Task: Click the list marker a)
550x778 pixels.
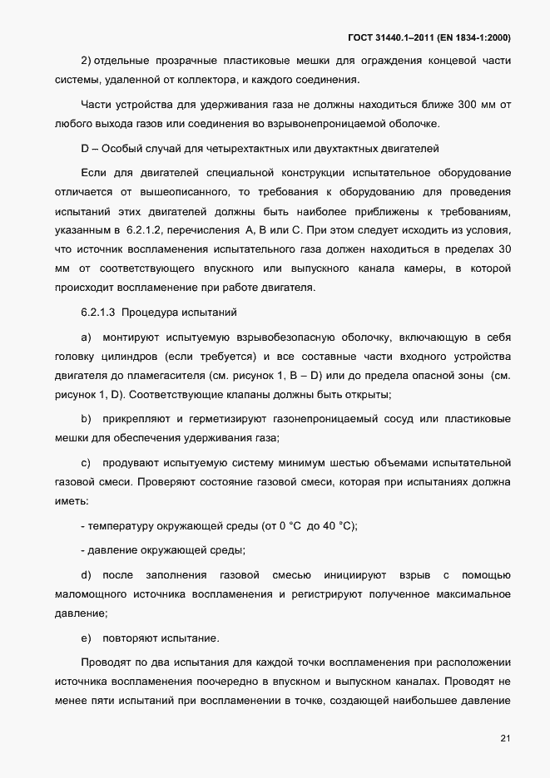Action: [85, 337]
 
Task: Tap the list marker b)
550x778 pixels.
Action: [85, 416]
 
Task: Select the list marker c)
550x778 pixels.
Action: [85, 461]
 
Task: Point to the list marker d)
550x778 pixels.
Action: [85, 575]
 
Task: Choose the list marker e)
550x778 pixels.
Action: [85, 638]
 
